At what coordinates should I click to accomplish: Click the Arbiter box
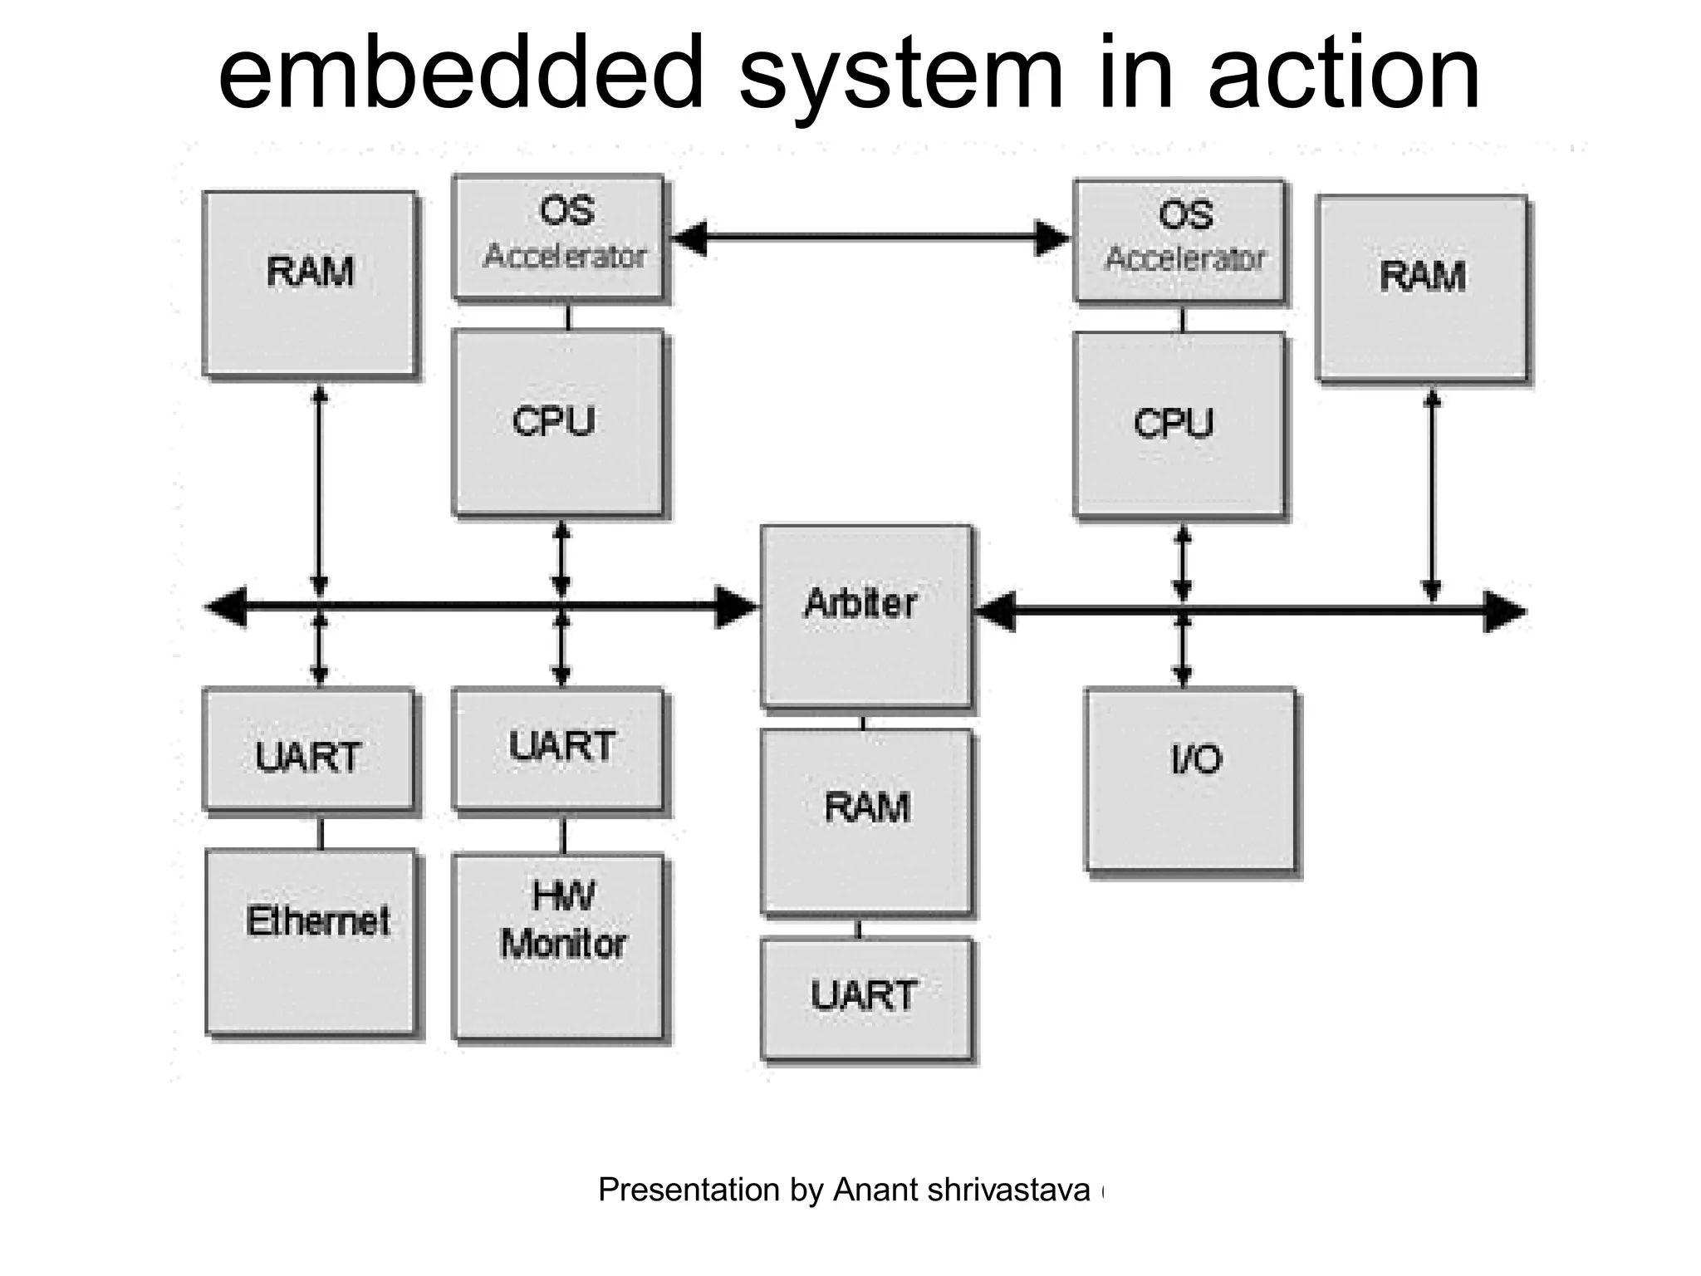pyautogui.click(x=865, y=616)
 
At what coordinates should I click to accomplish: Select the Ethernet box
pyautogui.click(x=310, y=940)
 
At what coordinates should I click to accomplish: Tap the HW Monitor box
pyautogui.click(x=558, y=945)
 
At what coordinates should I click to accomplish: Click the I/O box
pyautogui.click(x=1189, y=778)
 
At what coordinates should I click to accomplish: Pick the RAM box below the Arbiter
pyautogui.click(x=865, y=821)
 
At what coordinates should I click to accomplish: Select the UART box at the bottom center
pyautogui.click(x=865, y=998)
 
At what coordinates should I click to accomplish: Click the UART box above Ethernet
pyautogui.click(x=308, y=748)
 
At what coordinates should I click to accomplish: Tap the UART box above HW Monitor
pyautogui.click(x=558, y=747)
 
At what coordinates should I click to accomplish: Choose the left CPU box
pyautogui.click(x=558, y=422)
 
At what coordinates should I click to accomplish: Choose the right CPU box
pyautogui.click(x=1179, y=424)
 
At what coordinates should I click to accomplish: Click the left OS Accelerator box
pyautogui.click(x=558, y=237)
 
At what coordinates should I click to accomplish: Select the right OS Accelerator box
pyautogui.click(x=1179, y=240)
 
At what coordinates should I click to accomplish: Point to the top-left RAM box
pyautogui.click(x=309, y=283)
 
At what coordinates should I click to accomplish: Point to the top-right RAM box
pyautogui.click(x=1421, y=287)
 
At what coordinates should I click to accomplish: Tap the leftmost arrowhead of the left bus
pyautogui.click(x=226, y=606)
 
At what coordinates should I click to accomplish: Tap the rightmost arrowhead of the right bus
pyautogui.click(x=1504, y=612)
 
